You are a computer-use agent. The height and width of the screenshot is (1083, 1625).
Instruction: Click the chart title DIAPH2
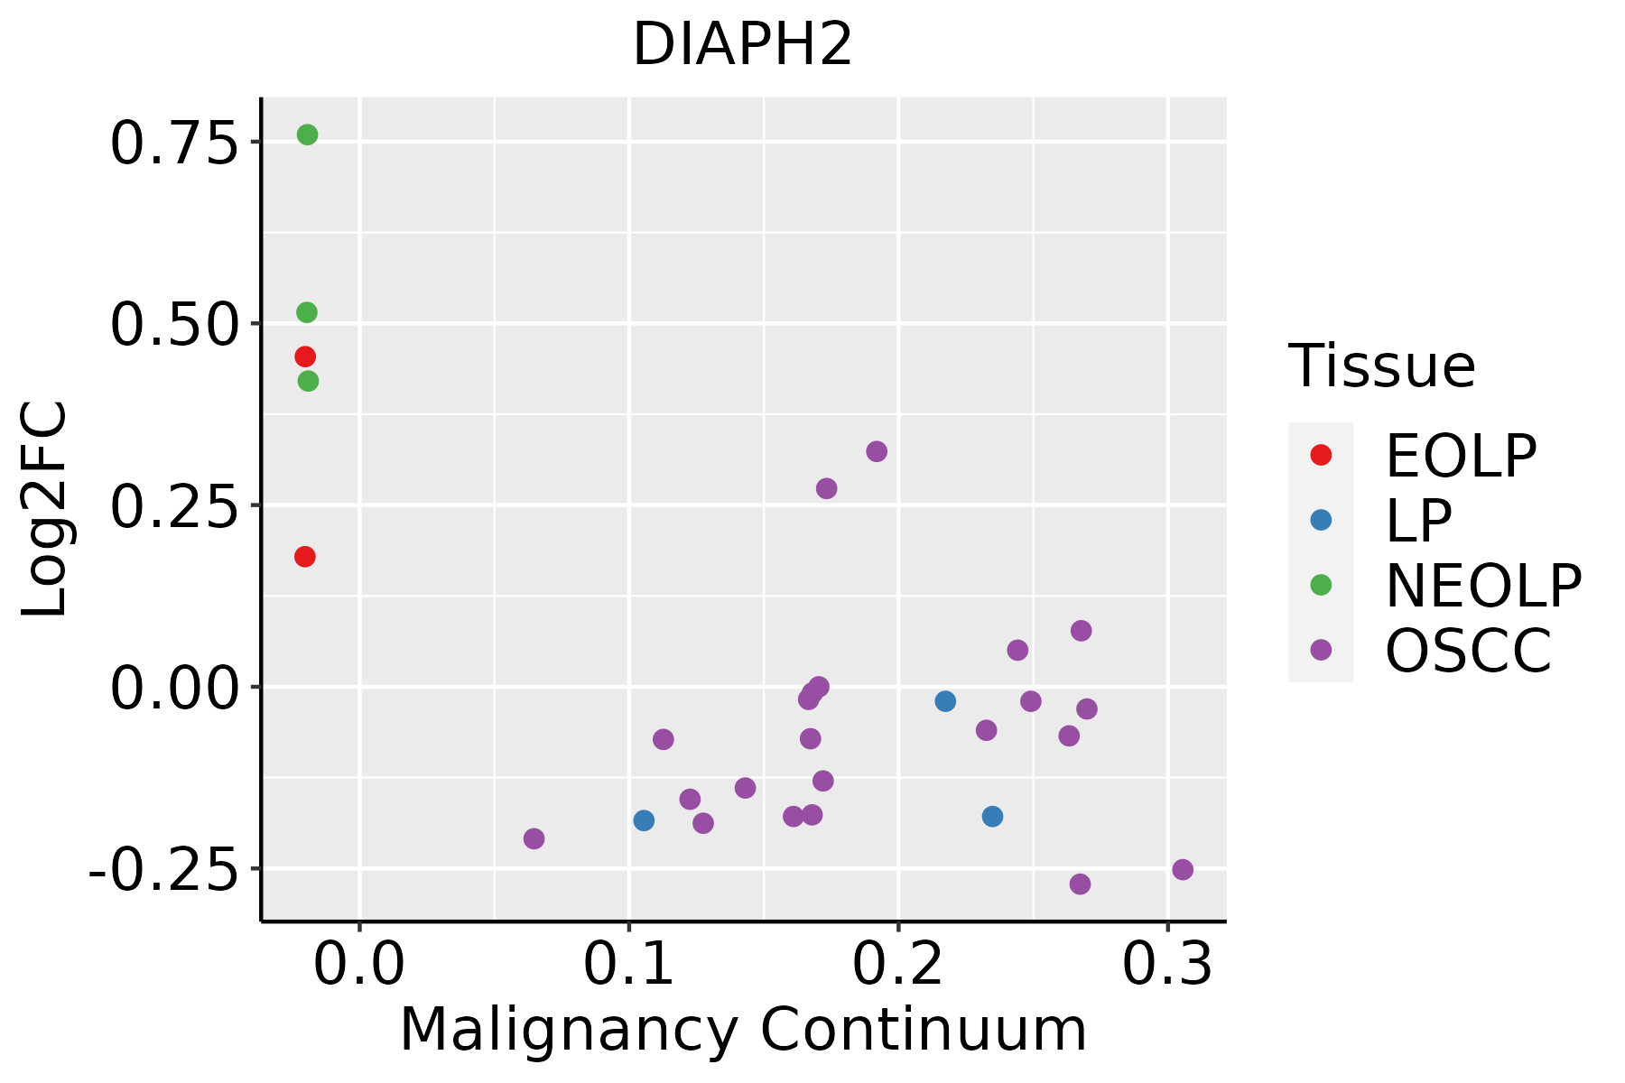pyautogui.click(x=742, y=45)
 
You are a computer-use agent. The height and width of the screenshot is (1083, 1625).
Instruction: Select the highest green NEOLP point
pyautogui.click(x=307, y=134)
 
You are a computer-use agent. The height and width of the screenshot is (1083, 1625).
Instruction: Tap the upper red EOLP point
pyautogui.click(x=305, y=356)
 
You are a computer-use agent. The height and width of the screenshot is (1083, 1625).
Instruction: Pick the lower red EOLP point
pyautogui.click(x=305, y=557)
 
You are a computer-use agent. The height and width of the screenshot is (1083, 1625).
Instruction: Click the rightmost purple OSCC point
pyautogui.click(x=1183, y=870)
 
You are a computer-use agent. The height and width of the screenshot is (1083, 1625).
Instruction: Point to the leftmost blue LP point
pyautogui.click(x=644, y=820)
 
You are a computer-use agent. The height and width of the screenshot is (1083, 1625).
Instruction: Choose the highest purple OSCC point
pyautogui.click(x=877, y=451)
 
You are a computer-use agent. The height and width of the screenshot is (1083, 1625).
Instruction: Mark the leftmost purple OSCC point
pyautogui.click(x=534, y=838)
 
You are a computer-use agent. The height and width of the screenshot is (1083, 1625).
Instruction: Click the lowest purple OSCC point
pyautogui.click(x=1080, y=884)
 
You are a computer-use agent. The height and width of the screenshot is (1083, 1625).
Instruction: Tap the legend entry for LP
pyautogui.click(x=1418, y=521)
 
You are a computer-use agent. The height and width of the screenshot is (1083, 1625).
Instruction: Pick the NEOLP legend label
pyautogui.click(x=1483, y=586)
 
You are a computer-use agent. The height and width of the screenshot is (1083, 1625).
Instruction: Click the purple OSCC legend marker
pyautogui.click(x=1321, y=650)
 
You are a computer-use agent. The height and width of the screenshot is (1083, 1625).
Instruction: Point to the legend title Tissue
pyautogui.click(x=1381, y=366)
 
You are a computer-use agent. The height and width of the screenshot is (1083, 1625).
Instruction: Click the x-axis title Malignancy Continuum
pyautogui.click(x=743, y=1030)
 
